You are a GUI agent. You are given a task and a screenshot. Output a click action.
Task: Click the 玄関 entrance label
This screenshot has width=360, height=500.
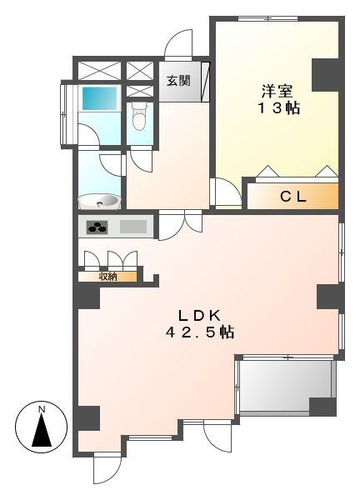(x=177, y=81)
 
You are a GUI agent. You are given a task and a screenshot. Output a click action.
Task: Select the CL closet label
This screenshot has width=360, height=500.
(x=292, y=197)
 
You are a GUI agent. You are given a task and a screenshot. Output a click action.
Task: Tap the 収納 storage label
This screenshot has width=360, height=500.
(x=107, y=276)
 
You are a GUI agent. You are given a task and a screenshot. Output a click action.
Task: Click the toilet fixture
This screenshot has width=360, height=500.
(x=139, y=119)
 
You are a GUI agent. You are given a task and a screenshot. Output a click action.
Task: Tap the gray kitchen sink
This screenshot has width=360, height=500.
(x=132, y=226)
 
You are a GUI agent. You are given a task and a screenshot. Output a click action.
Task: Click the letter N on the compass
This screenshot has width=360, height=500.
(x=42, y=409)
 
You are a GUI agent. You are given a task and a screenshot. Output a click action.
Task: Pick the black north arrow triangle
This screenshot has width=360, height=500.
(x=42, y=432)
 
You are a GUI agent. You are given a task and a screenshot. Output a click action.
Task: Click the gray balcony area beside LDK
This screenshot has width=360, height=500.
(x=283, y=386)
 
